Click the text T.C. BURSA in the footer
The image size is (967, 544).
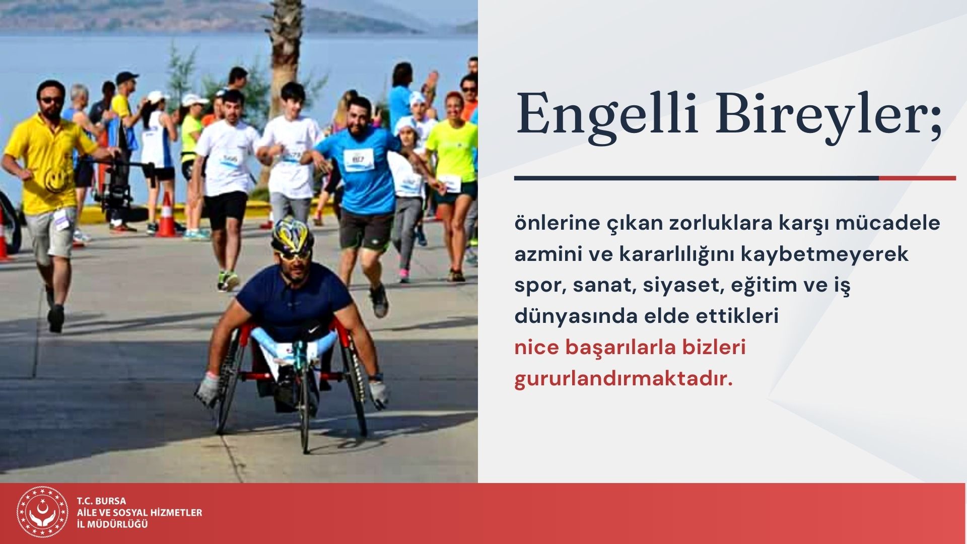pos(101,501)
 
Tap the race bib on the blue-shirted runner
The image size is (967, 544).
pos(359,160)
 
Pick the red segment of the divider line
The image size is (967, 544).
pos(917,178)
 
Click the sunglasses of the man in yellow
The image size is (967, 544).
pos(51,100)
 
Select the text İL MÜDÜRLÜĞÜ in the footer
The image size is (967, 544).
pos(112,524)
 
